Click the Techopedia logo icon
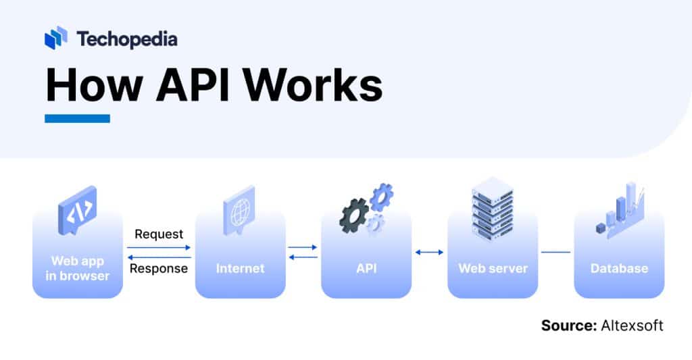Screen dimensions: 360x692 coord(56,38)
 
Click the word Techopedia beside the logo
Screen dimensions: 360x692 coord(127,39)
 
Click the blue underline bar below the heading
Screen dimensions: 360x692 coord(77,119)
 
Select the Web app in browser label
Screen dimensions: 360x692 coord(78,268)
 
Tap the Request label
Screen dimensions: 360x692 coord(159,234)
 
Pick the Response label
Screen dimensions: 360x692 coord(159,269)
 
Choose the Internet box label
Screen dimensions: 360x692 coord(240,268)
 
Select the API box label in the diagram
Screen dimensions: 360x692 coord(366,268)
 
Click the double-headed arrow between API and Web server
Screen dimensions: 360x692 coord(429,252)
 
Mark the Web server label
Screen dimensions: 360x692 coord(493,268)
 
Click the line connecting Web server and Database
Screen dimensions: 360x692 coord(555,252)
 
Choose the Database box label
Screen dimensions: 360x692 coord(619,268)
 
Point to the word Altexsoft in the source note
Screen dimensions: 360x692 coord(631,326)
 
